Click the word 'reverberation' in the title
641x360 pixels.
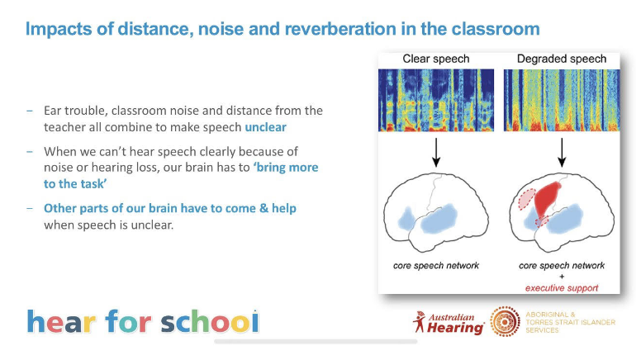[340, 29]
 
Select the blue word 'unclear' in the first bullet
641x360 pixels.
[265, 127]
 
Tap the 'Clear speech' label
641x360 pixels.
[436, 59]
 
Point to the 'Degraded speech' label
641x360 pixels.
[561, 59]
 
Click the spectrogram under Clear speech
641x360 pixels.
[436, 100]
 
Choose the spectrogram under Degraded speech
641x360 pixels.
[561, 100]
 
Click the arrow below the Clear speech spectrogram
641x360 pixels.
[436, 152]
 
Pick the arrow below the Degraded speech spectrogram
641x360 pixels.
[562, 152]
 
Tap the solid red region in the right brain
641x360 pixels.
[547, 199]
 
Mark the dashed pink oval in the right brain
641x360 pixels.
[527, 199]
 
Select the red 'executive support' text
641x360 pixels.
[561, 288]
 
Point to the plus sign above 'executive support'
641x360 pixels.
[562, 277]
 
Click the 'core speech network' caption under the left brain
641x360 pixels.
[436, 266]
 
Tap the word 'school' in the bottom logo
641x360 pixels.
[210, 321]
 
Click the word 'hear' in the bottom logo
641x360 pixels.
[61, 321]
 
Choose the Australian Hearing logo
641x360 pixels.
[449, 324]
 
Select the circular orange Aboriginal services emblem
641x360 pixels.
[506, 321]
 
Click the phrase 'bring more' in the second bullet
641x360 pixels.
[285, 168]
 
